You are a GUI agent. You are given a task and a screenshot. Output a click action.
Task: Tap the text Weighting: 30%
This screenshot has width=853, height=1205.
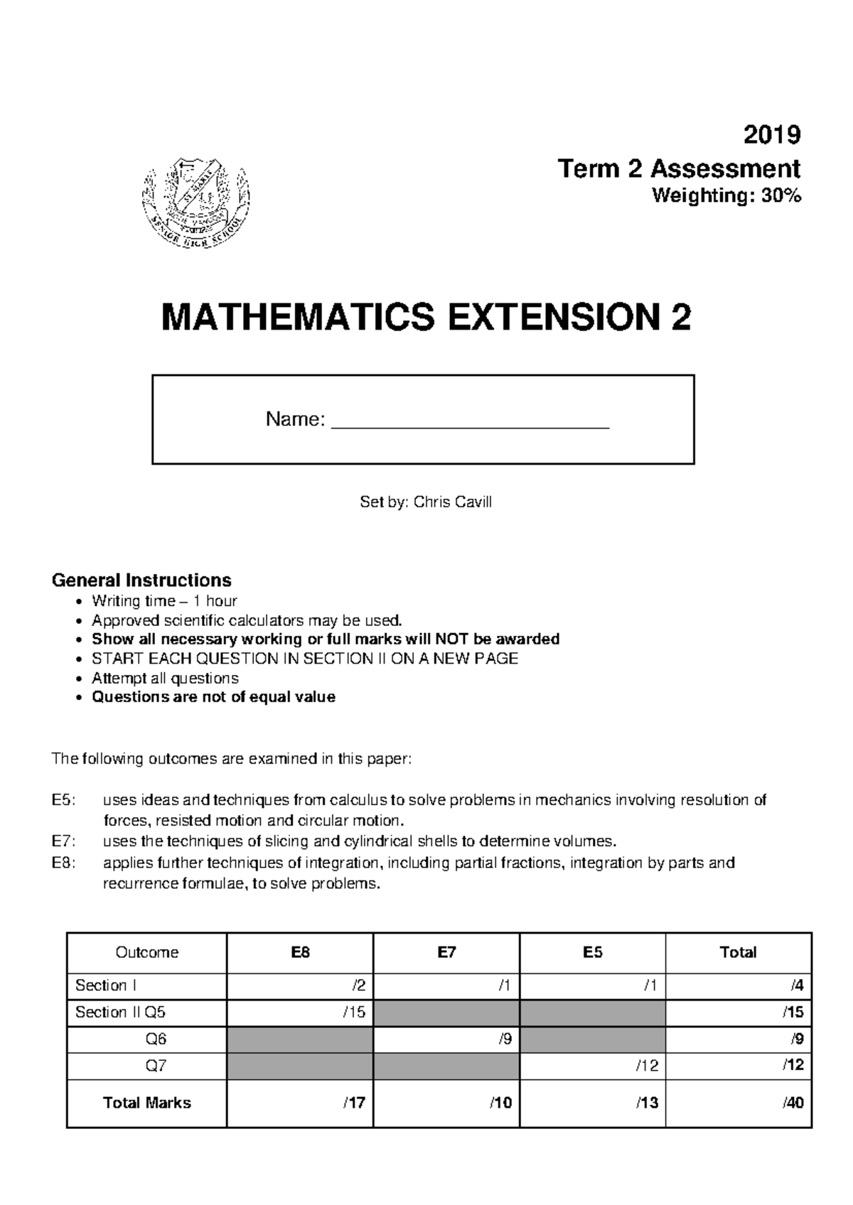[x=726, y=196]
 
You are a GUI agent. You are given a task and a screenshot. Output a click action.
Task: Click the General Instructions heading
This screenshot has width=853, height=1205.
[x=141, y=580]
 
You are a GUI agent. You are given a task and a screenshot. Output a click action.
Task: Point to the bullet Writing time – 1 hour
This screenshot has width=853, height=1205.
[x=164, y=601]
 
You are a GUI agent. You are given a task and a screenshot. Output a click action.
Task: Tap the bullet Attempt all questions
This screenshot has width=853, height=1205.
[x=165, y=678]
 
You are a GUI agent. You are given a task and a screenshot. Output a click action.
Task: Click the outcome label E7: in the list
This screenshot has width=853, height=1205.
[x=63, y=842]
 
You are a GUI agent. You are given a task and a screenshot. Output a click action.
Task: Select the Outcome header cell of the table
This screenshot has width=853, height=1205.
[x=147, y=953]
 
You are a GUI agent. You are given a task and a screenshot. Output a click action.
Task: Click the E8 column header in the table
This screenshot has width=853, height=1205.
[x=300, y=953]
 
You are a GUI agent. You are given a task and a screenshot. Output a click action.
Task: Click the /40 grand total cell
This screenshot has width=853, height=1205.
[x=793, y=1103]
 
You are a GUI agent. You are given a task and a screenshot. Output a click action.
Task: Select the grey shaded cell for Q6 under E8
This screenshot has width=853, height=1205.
[x=300, y=1039]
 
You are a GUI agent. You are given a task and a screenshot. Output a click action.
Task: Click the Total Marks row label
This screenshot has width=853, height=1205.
[x=147, y=1103]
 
